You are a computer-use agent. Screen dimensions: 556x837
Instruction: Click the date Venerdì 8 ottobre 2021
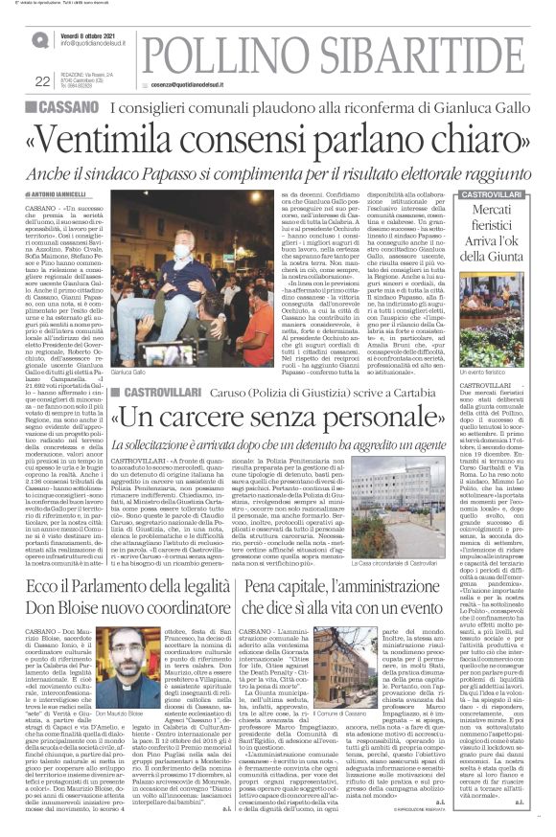point(94,34)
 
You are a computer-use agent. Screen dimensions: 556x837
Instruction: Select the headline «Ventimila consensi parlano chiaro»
point(277,139)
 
